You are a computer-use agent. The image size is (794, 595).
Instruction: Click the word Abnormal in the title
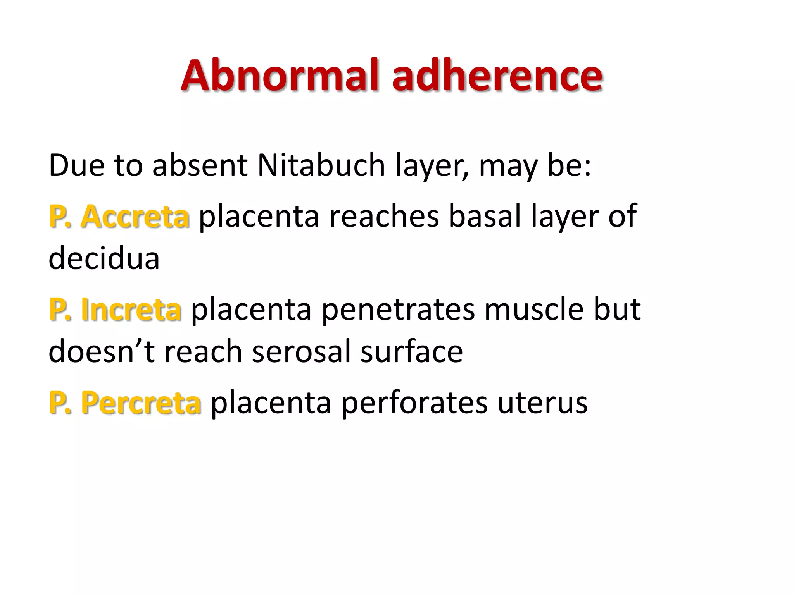[280, 75]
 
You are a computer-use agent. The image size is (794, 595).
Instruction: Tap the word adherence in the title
[497, 75]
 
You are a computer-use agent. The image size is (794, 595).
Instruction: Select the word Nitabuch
[321, 165]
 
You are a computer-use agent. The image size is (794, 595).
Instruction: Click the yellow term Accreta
[135, 216]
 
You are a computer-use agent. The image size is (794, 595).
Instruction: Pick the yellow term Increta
[131, 310]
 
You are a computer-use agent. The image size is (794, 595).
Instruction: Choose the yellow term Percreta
[141, 403]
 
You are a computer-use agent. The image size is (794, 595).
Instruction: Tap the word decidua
[104, 258]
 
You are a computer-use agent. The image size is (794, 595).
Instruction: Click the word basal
[485, 216]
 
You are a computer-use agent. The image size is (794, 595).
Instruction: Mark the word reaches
[384, 216]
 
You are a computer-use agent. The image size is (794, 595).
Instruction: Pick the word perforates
[414, 403]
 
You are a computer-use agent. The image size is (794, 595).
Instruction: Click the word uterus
[542, 403]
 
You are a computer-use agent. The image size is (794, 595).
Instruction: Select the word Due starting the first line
[76, 165]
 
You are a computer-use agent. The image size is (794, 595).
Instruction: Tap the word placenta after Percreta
[271, 403]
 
